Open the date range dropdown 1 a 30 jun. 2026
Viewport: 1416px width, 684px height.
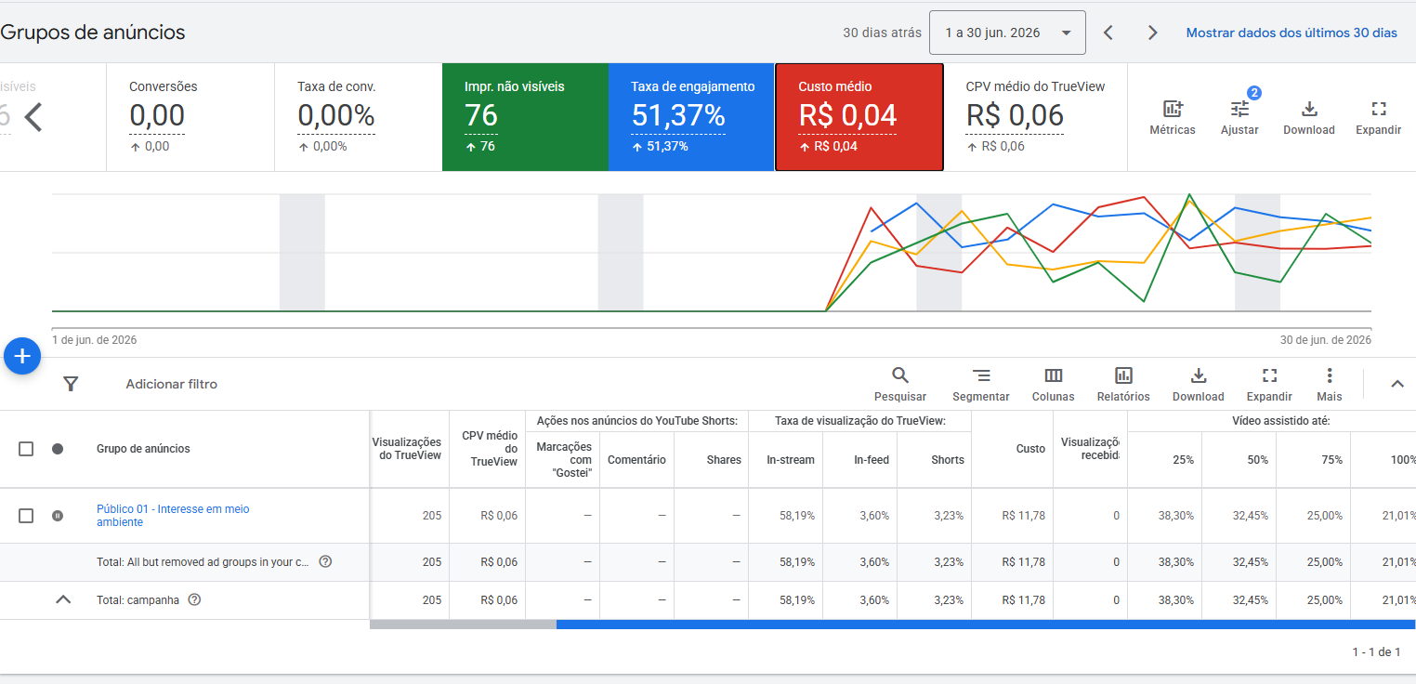tap(1007, 33)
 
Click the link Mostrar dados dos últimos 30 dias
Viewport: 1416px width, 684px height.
tap(1291, 33)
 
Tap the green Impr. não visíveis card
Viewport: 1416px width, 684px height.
tap(525, 117)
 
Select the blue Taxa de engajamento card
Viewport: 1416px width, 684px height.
tap(691, 117)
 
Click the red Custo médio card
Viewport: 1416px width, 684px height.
tap(859, 117)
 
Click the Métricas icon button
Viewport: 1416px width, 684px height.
tap(1173, 118)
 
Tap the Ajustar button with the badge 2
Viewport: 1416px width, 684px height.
tap(1239, 118)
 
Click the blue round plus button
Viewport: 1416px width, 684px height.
tap(22, 356)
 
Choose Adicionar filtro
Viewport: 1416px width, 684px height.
tap(171, 384)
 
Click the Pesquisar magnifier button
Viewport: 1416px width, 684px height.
tap(900, 385)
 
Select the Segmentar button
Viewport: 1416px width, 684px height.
tap(981, 385)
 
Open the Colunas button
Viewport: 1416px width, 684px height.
tap(1053, 385)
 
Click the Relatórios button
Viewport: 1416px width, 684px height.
tap(1123, 385)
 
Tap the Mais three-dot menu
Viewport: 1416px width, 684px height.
tap(1330, 385)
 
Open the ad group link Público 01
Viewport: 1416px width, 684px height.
tap(173, 515)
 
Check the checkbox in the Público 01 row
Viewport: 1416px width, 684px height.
tap(26, 516)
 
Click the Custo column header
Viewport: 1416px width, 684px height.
tap(1030, 448)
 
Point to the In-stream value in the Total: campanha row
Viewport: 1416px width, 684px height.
tap(797, 600)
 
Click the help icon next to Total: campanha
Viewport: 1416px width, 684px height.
tap(195, 599)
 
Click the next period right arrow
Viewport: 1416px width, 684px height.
tap(1152, 33)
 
